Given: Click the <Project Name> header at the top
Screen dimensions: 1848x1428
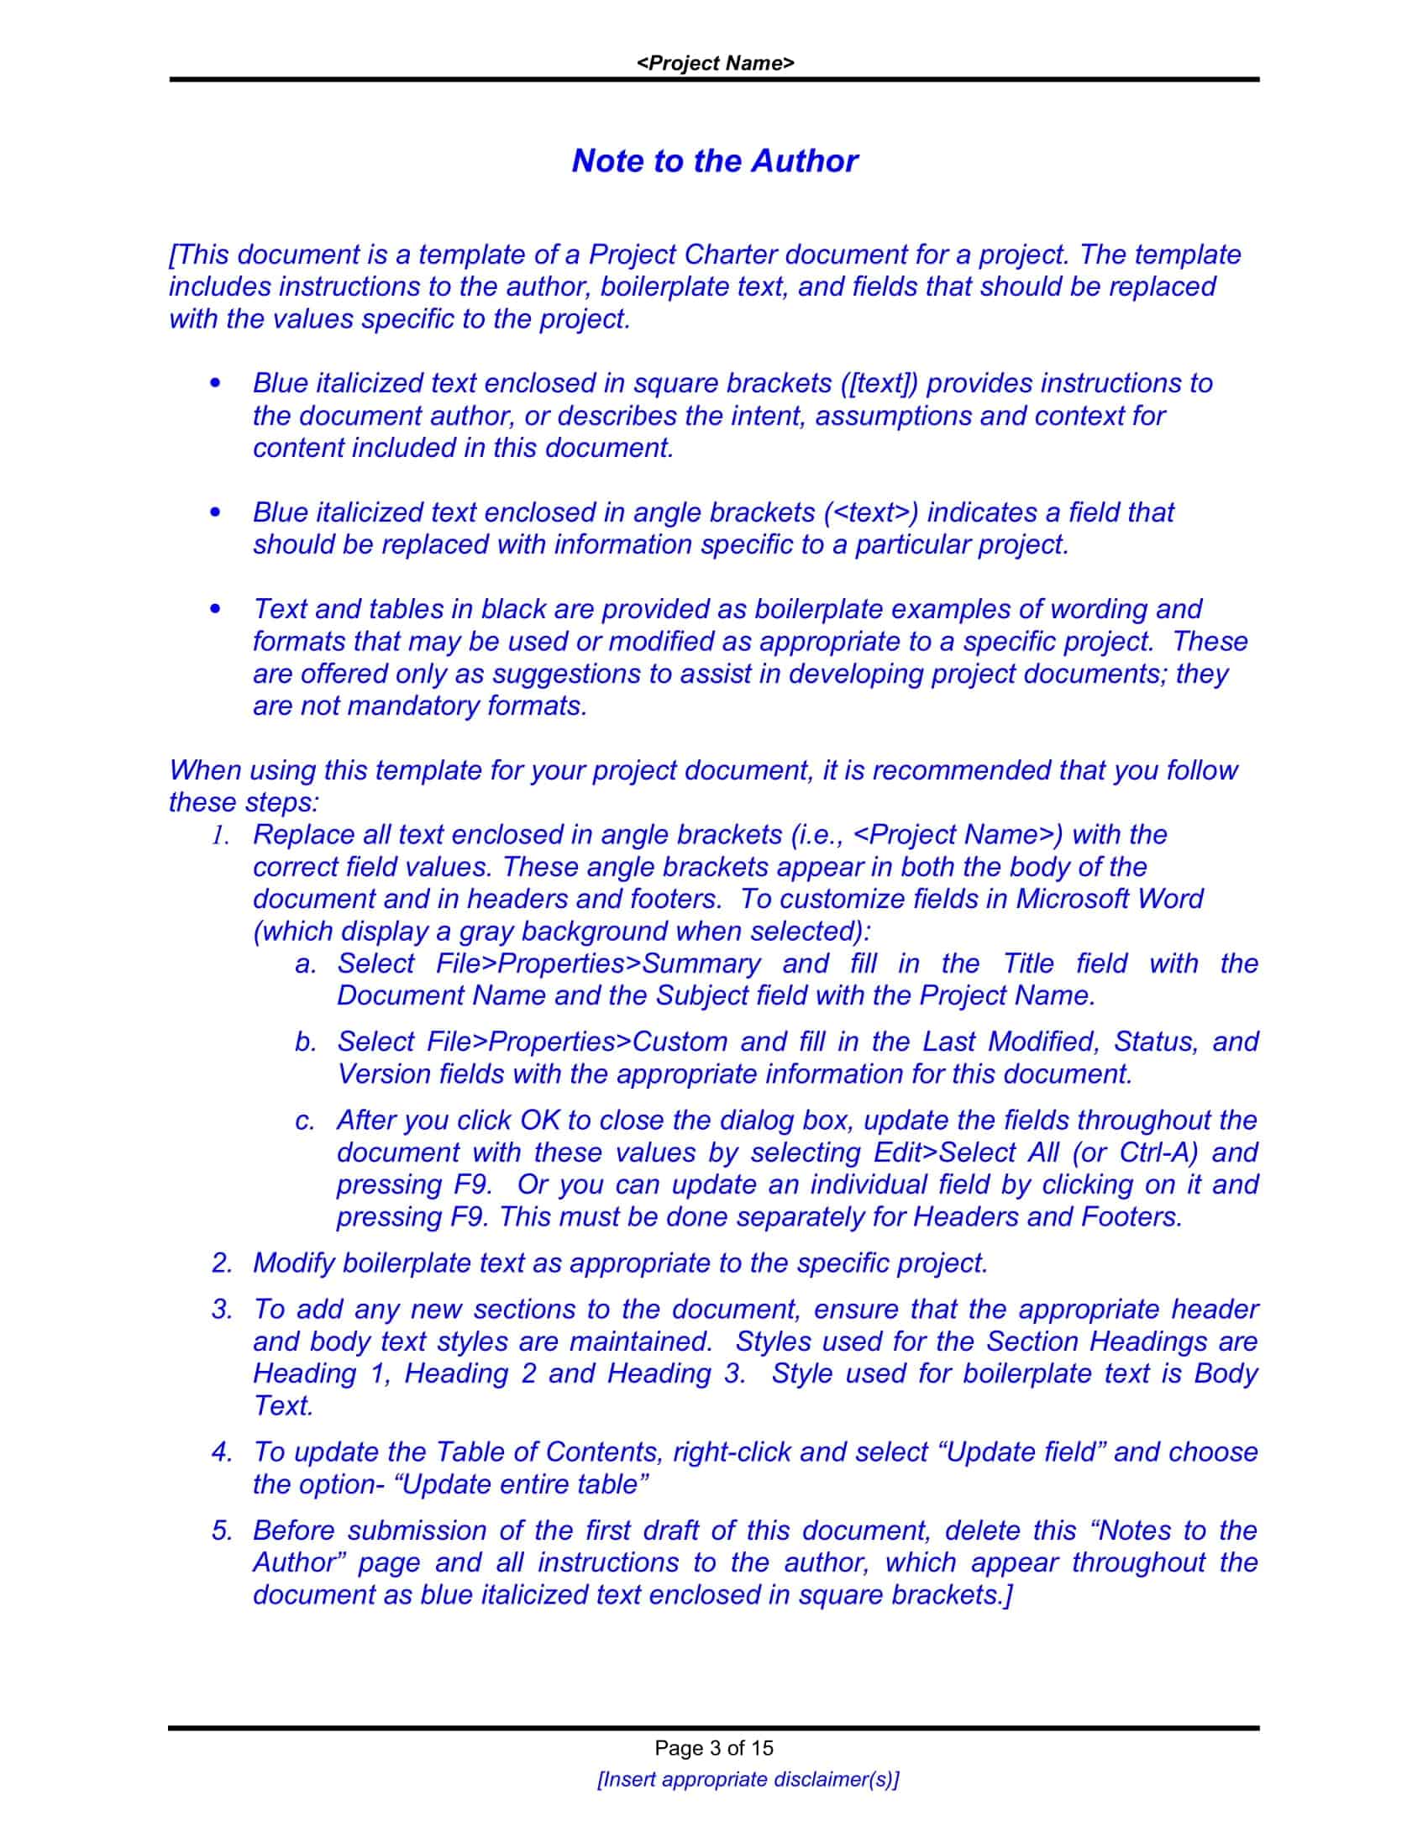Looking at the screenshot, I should pos(715,64).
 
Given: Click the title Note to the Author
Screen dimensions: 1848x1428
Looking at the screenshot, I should pos(715,160).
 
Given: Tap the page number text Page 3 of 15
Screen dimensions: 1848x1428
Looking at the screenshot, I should pos(714,1748).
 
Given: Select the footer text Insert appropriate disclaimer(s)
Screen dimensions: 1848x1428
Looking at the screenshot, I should pos(748,1779).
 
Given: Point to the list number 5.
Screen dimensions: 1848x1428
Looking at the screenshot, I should pos(222,1530).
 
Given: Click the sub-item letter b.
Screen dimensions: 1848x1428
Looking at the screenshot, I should pos(305,1042).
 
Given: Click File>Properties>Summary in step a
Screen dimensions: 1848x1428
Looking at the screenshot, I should pos(598,963).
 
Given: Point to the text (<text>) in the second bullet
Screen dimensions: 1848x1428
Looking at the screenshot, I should pos(871,512).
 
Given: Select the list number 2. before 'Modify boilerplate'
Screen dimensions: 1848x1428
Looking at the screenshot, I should pos(222,1263).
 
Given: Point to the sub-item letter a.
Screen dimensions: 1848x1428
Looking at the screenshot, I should pos(305,963).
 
